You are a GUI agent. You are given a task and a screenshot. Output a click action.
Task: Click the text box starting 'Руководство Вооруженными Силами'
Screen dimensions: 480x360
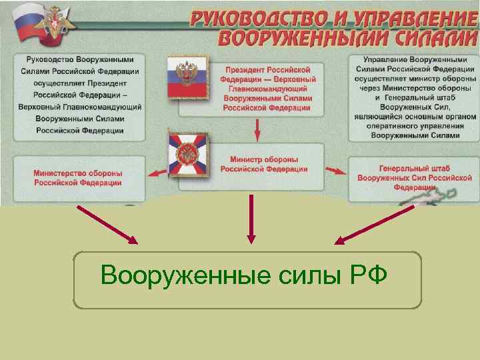[78, 93]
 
